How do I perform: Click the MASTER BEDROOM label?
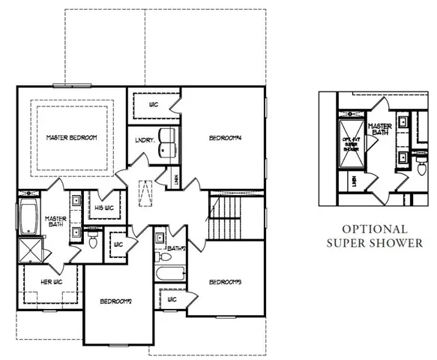71,137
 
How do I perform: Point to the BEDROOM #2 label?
115,301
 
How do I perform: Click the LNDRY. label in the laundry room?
145,139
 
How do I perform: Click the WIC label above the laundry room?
152,103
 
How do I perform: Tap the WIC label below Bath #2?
172,299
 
